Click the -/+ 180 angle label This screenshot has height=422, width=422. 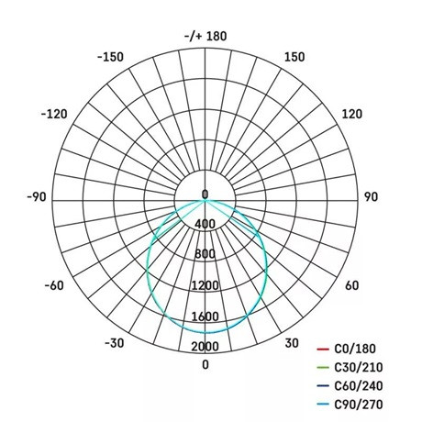(x=205, y=36)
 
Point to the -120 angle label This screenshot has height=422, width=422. (x=56, y=114)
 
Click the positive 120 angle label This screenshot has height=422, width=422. (x=353, y=114)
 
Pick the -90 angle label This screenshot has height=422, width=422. (x=36, y=196)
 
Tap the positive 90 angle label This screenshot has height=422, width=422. (x=372, y=196)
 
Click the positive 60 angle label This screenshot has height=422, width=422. (x=351, y=285)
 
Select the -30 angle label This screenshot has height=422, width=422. (x=113, y=343)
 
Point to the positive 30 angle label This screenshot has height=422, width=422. (x=291, y=343)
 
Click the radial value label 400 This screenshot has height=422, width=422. (x=205, y=224)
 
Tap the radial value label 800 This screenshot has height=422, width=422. (x=205, y=254)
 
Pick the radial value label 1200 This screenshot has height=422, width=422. (x=205, y=285)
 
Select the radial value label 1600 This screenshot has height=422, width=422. (x=205, y=316)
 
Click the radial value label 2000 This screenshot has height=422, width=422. (x=205, y=346)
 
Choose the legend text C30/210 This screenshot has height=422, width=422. (x=361, y=367)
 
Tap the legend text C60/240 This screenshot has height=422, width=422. (x=361, y=385)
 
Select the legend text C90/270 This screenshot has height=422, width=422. (x=361, y=404)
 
